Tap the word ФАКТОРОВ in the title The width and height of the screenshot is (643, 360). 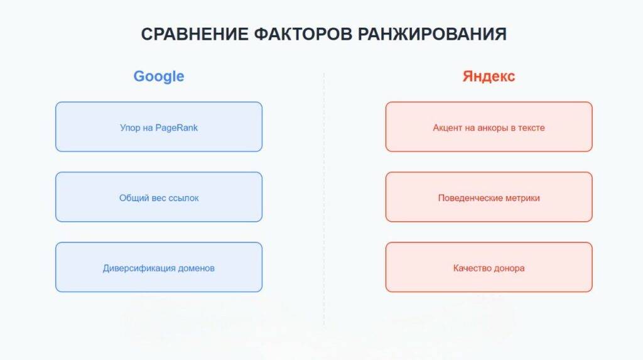[303, 34]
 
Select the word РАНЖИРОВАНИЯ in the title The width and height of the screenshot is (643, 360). [432, 34]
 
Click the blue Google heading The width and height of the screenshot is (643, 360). [159, 77]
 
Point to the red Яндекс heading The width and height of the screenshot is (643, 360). [489, 77]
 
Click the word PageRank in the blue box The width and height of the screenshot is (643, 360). [176, 128]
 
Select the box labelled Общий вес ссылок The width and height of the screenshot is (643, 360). [159, 197]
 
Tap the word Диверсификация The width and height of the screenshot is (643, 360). [139, 268]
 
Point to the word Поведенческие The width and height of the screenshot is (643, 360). [470, 198]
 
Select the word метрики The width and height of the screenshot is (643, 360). [522, 198]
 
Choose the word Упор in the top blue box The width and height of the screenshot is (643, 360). [130, 128]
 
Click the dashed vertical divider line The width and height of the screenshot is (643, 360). [324, 199]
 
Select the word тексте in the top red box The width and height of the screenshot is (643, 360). [531, 128]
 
